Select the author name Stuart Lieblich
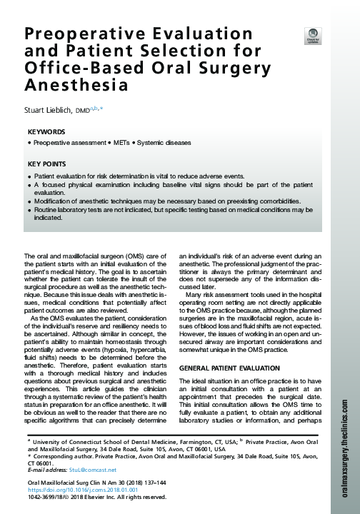coord(52,111)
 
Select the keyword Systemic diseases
coord(165,143)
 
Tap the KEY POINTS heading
coord(48,164)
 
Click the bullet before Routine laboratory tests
coord(29,211)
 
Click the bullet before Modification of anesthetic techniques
coord(29,201)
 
